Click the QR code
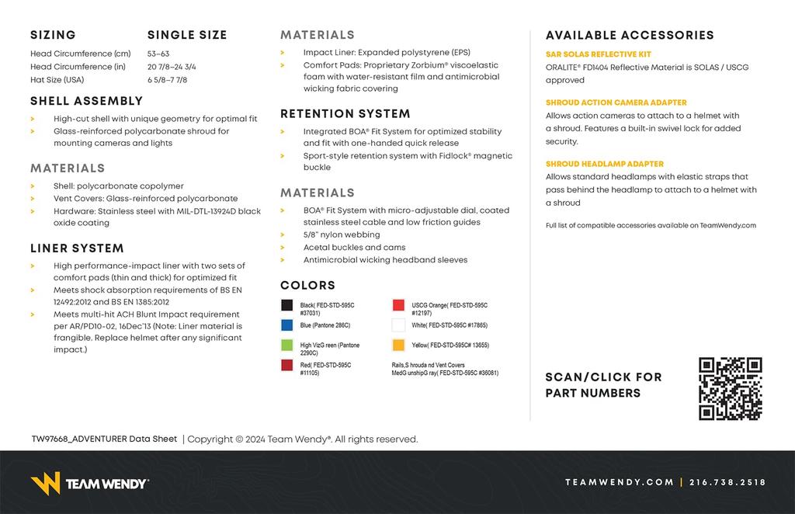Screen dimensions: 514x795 click(730, 388)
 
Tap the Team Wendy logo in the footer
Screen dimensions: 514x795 click(89, 483)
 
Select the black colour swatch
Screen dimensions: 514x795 click(287, 306)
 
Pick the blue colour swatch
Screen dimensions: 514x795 click(287, 325)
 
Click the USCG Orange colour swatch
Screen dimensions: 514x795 click(398, 306)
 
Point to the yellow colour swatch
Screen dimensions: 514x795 click(398, 345)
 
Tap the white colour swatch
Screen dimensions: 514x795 click(398, 325)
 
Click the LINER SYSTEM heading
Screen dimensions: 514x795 click(77, 248)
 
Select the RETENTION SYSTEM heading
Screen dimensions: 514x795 click(345, 114)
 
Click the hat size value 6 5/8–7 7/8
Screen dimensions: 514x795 click(167, 80)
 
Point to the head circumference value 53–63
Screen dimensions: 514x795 click(158, 54)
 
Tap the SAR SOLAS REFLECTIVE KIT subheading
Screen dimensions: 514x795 click(599, 54)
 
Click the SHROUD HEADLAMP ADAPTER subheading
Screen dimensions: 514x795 click(605, 164)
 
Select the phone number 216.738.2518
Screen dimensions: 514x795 click(727, 482)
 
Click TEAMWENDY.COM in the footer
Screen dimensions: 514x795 click(620, 482)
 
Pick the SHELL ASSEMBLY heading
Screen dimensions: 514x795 click(87, 101)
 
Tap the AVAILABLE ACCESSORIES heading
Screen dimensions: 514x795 click(630, 35)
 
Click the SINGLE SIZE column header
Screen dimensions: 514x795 click(187, 35)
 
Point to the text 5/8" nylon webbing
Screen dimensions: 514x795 click(342, 234)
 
